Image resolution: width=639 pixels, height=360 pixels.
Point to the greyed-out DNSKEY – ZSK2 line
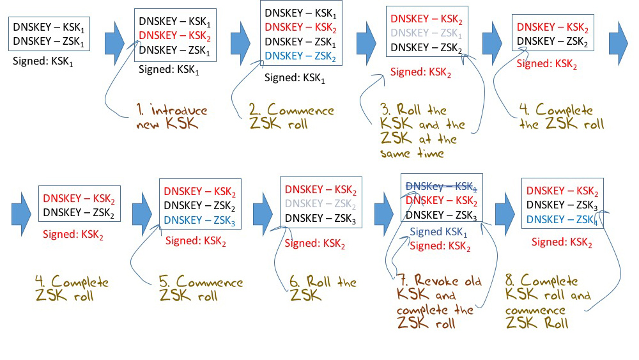[321, 204]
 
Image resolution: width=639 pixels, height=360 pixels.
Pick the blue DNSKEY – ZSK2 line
[301, 56]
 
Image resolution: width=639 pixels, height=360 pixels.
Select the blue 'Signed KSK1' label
[438, 232]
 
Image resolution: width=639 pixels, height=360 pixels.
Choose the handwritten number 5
[164, 283]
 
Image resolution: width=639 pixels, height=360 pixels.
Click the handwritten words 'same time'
[422, 153]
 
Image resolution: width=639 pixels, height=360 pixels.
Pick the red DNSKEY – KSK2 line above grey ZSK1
[426, 19]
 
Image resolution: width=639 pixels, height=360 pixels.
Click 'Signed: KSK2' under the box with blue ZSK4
[562, 242]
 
